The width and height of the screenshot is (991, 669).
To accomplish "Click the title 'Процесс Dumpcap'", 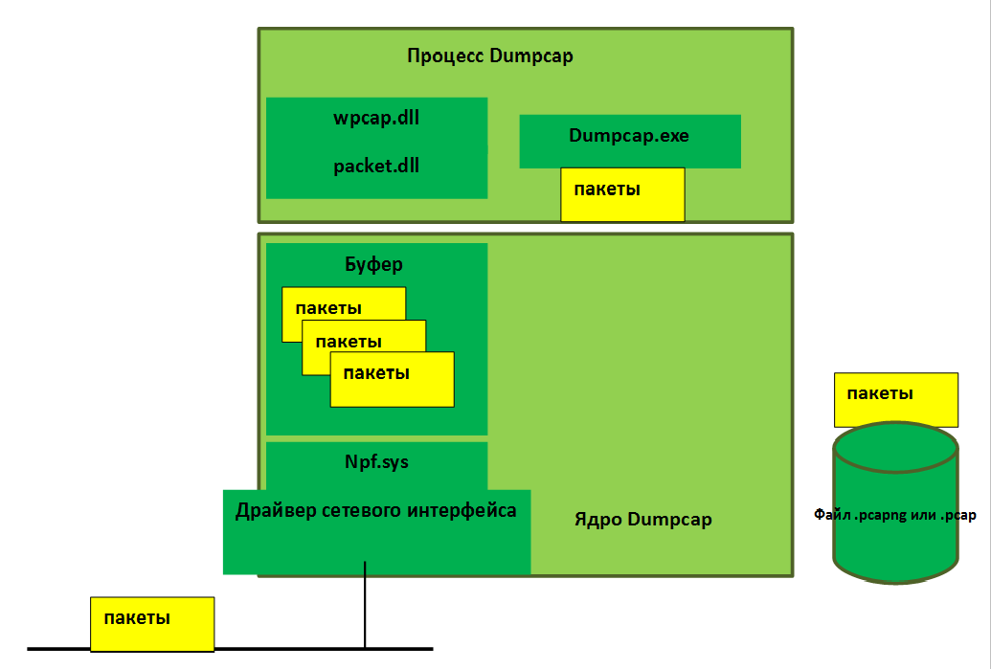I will point(489,56).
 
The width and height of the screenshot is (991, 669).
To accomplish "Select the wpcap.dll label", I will point(376,119).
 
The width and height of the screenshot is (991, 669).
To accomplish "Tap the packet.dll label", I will point(376,166).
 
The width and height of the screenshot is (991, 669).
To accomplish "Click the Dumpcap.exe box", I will point(629,136).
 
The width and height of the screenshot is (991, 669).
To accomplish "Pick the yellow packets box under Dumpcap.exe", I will point(622,195).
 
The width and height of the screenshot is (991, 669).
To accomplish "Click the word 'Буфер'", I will point(372,263).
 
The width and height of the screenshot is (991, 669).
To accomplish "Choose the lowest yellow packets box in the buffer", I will point(392,380).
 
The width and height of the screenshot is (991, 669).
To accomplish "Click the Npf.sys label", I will point(376,461).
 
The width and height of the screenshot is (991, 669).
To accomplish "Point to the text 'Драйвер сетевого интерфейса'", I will point(376,510).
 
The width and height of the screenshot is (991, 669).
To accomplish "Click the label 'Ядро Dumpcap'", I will point(642,520).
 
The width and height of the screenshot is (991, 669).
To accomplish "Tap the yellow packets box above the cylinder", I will point(895,398).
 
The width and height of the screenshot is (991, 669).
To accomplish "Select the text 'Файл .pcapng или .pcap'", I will point(894,516).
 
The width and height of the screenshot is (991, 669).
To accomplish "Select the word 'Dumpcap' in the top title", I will point(530,56).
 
